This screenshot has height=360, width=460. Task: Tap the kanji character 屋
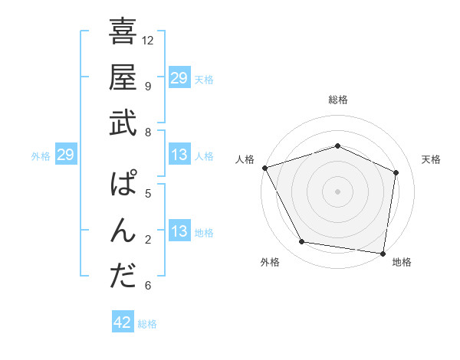(x=123, y=77)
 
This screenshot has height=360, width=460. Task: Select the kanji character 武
(x=123, y=123)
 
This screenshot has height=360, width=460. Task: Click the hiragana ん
(x=123, y=231)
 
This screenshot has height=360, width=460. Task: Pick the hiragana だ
(x=123, y=277)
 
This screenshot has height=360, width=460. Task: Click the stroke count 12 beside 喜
(x=148, y=40)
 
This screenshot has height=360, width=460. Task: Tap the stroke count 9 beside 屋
(x=148, y=86)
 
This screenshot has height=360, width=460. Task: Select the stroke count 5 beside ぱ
(x=148, y=193)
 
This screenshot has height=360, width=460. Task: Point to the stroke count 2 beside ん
(x=148, y=240)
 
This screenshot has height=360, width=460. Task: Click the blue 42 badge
(x=123, y=323)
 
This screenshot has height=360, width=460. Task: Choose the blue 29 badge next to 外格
(x=65, y=155)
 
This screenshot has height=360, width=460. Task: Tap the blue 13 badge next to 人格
(x=179, y=155)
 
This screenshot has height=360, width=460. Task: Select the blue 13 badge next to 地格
(x=179, y=232)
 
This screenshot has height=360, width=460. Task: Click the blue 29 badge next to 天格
(x=179, y=78)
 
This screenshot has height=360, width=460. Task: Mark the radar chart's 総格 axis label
(x=337, y=100)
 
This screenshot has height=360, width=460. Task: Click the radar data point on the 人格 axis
(x=264, y=168)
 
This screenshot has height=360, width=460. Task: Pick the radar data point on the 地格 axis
(x=383, y=253)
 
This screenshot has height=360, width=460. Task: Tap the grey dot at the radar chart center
(x=337, y=191)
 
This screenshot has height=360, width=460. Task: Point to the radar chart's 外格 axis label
(x=270, y=263)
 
